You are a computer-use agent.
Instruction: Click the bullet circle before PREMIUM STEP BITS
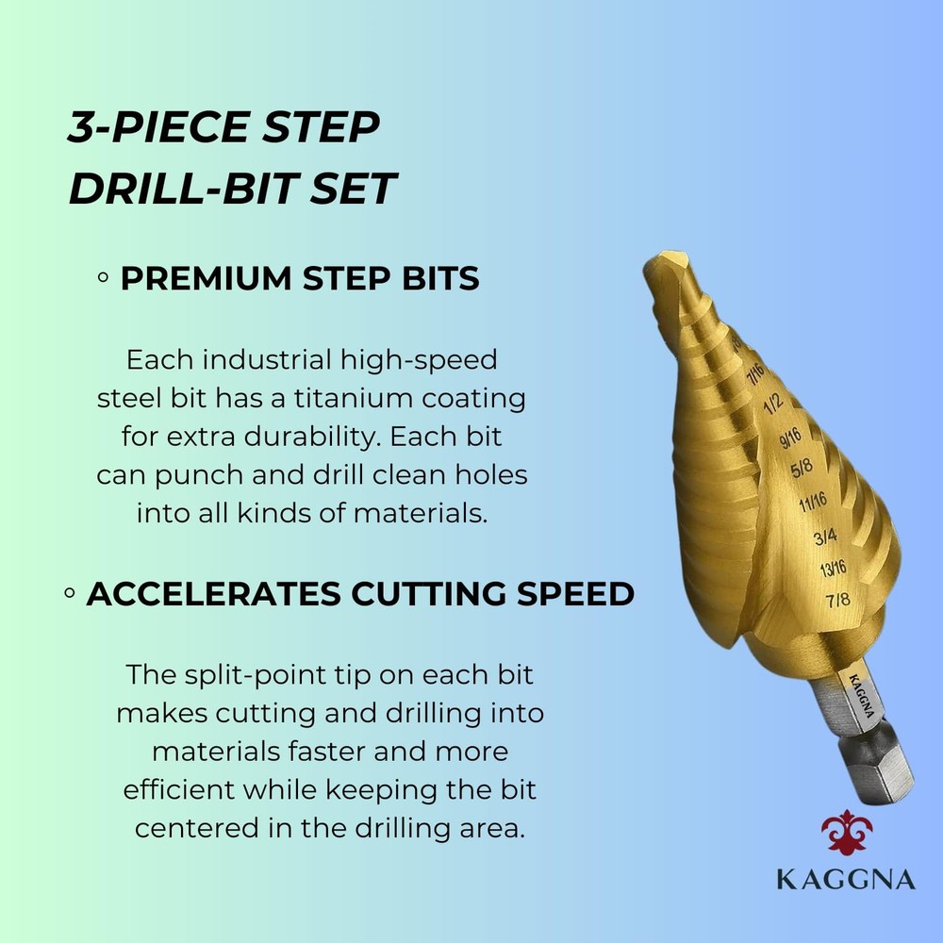pyautogui.click(x=103, y=279)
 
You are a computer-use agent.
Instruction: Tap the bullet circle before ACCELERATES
pyautogui.click(x=70, y=595)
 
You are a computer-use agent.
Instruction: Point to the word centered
pyautogui.click(x=196, y=828)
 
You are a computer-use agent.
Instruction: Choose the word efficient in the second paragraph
pyautogui.click(x=176, y=789)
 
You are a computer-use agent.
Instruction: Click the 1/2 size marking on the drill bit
pyautogui.click(x=773, y=404)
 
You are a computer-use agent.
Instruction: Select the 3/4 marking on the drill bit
pyautogui.click(x=825, y=538)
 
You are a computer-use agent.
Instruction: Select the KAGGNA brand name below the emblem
pyautogui.click(x=846, y=880)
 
